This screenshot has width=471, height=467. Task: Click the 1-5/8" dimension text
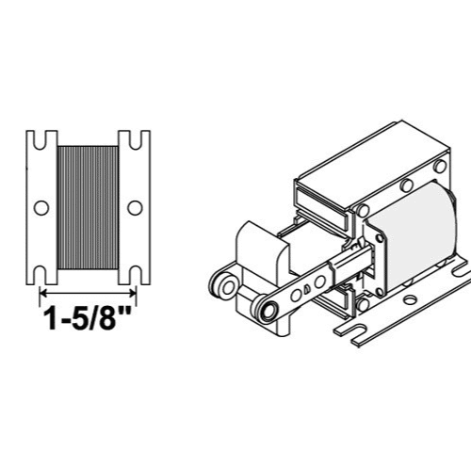88,319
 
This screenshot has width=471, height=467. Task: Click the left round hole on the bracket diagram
41,206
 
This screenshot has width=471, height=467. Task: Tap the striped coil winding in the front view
88,207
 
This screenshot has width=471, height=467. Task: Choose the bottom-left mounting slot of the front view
41,274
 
